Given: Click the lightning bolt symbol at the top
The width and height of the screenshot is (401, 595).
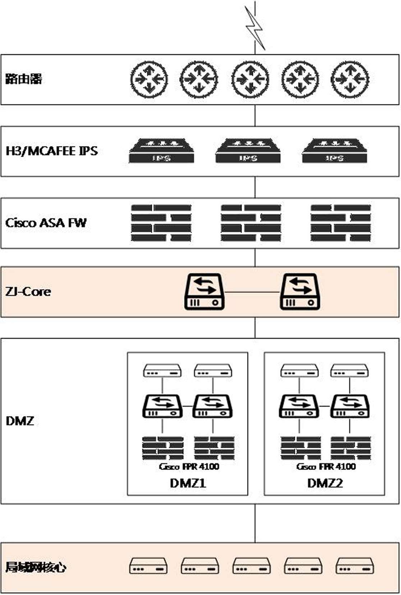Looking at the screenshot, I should [x=255, y=27].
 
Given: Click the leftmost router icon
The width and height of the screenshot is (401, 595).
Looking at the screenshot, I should [x=149, y=79].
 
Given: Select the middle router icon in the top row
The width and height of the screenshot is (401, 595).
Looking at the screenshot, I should [x=250, y=79].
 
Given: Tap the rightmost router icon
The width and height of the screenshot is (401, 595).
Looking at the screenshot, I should [x=350, y=79].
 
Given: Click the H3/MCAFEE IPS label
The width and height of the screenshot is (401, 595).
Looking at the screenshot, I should [x=52, y=151].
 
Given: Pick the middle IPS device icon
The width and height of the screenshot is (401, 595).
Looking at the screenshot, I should [x=248, y=151].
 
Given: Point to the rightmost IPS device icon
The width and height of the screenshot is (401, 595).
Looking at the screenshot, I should [x=334, y=151].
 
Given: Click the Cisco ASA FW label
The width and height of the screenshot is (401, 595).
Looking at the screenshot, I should [x=46, y=223].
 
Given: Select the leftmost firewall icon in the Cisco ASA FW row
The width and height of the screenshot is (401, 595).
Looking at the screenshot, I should [x=161, y=223].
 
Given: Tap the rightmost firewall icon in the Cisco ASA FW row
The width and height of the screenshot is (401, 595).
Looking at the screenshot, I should [x=340, y=223].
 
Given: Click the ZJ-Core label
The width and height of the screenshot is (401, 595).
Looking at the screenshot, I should [x=28, y=291].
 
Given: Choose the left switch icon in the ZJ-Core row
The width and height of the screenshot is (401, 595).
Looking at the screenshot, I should [x=204, y=292].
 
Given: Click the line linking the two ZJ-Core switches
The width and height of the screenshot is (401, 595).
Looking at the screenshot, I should [x=252, y=292].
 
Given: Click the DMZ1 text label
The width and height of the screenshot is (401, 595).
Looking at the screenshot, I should [x=188, y=483].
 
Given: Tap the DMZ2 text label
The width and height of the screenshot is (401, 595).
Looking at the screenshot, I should [x=325, y=483].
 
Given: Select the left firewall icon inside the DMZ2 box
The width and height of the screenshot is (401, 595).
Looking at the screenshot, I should [x=300, y=448].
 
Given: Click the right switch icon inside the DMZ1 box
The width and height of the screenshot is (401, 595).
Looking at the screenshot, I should [x=212, y=406].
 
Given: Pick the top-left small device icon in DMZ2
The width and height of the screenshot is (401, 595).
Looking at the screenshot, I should [x=299, y=371].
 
